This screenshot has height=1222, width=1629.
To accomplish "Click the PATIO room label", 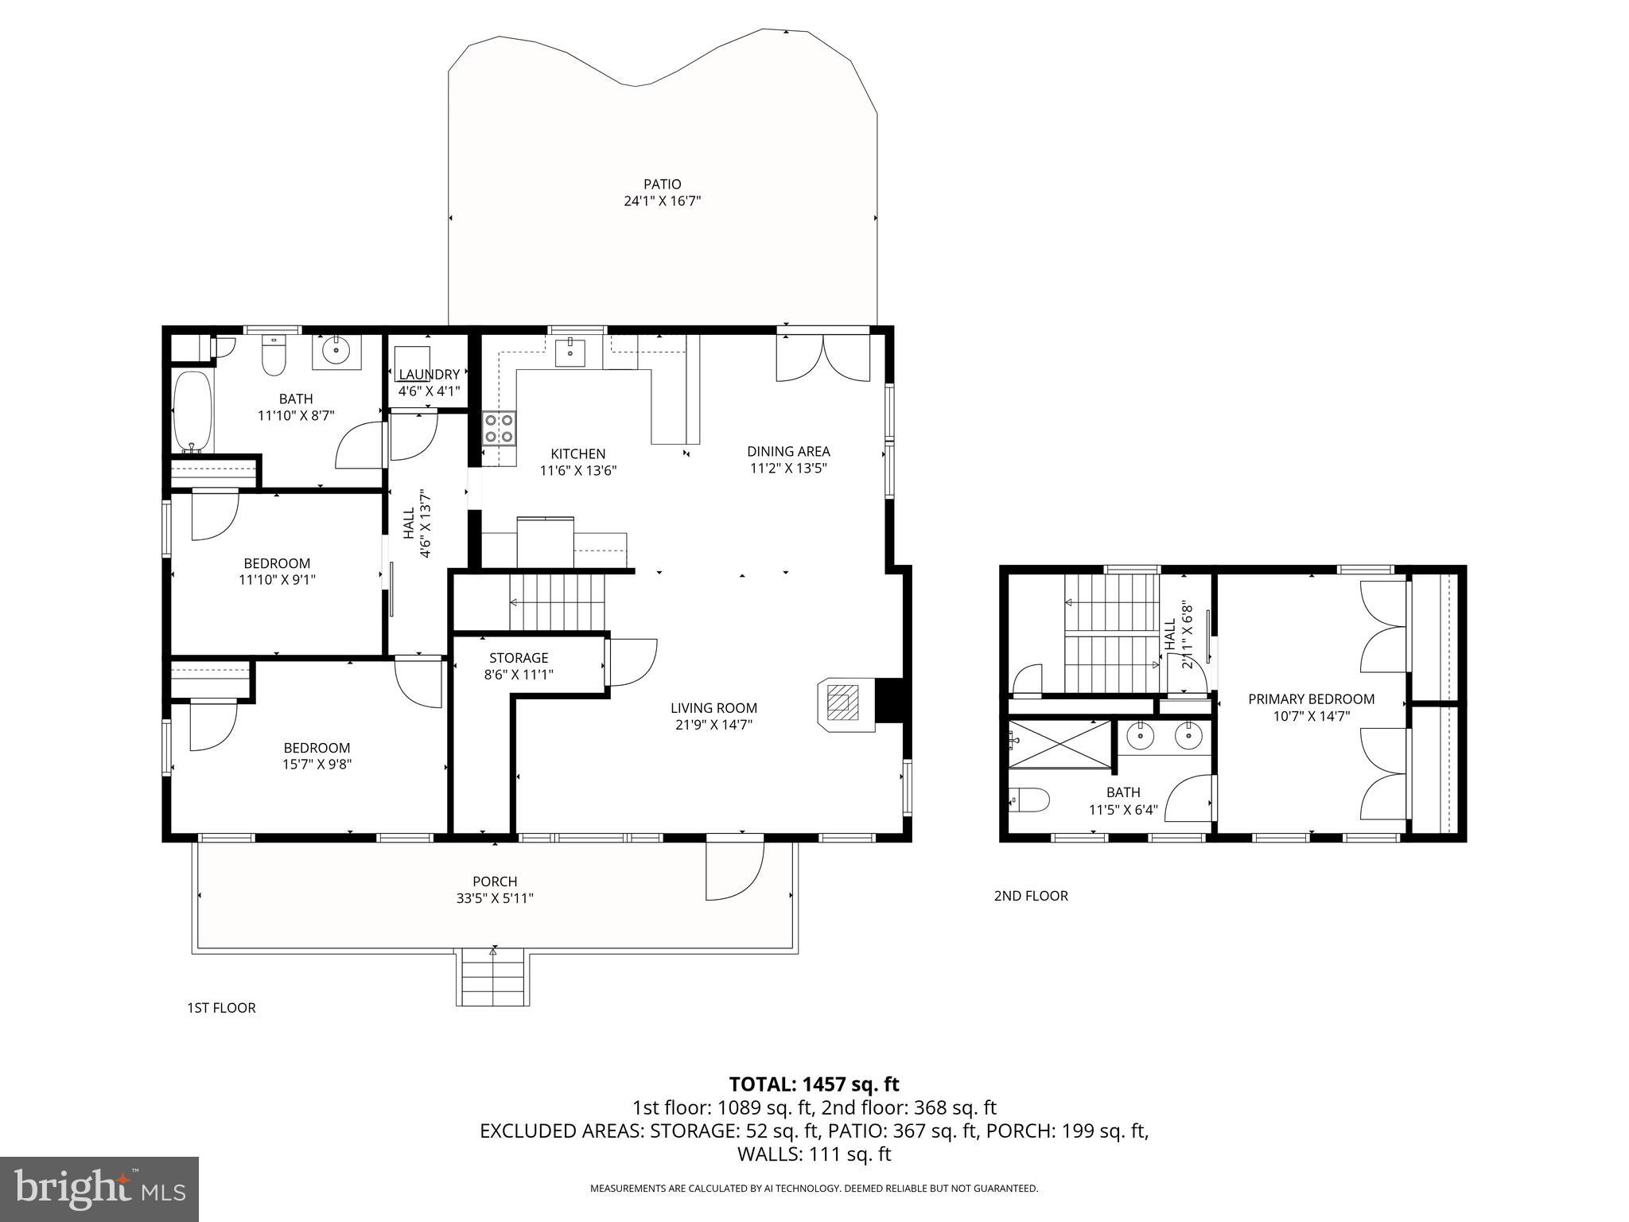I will click(x=662, y=185).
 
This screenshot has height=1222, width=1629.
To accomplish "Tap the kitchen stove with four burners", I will click(x=500, y=428).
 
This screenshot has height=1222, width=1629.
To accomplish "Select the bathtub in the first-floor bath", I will click(x=192, y=411).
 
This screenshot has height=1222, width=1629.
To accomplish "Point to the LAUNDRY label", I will click(x=429, y=375).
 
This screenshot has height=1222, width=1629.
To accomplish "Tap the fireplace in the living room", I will click(x=846, y=704).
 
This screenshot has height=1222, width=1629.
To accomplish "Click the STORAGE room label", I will click(x=519, y=658).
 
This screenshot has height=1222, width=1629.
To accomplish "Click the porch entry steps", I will click(x=493, y=978).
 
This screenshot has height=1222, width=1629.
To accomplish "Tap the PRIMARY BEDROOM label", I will click(x=1311, y=699).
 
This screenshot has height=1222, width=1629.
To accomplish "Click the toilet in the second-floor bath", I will click(x=1029, y=799).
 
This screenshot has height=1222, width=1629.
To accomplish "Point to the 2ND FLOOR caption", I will click(x=1030, y=896).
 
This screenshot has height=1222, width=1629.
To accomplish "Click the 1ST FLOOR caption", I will click(x=221, y=1008).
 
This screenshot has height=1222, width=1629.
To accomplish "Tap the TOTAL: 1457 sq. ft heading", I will click(x=814, y=1084).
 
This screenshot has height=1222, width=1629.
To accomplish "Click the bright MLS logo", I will click(x=99, y=1189).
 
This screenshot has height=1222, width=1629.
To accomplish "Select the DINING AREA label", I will click(x=788, y=451).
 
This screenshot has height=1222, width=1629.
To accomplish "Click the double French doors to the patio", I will click(x=823, y=358).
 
